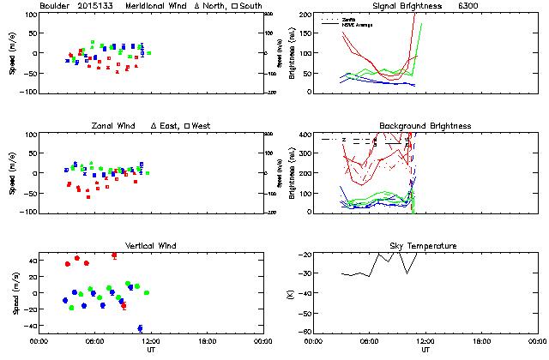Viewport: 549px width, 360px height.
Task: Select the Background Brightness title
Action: pyautogui.click(x=424, y=126)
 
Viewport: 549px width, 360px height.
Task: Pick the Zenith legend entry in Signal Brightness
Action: pyautogui.click(x=347, y=18)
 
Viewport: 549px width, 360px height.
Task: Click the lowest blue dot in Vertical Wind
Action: pyautogui.click(x=140, y=327)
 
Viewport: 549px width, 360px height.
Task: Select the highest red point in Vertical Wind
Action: pyautogui.click(x=114, y=255)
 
